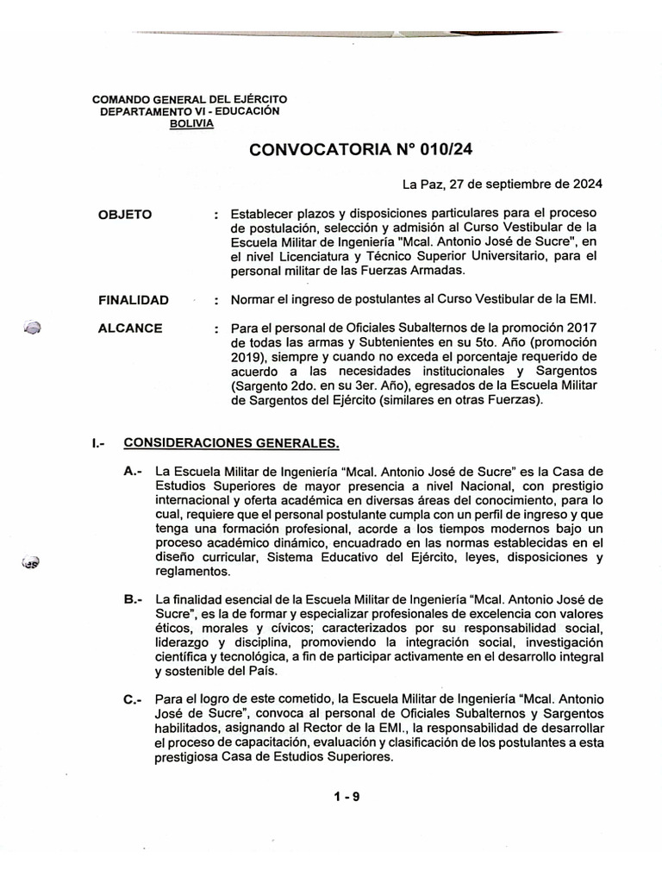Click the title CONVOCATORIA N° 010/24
tap(360, 150)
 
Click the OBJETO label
tap(127, 213)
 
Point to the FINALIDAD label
tap(134, 299)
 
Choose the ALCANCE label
tap(131, 329)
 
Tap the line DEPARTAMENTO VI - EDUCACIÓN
tap(190, 112)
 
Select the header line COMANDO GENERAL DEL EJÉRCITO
tap(190, 100)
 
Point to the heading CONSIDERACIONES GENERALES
tap(232, 443)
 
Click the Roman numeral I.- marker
tap(97, 443)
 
